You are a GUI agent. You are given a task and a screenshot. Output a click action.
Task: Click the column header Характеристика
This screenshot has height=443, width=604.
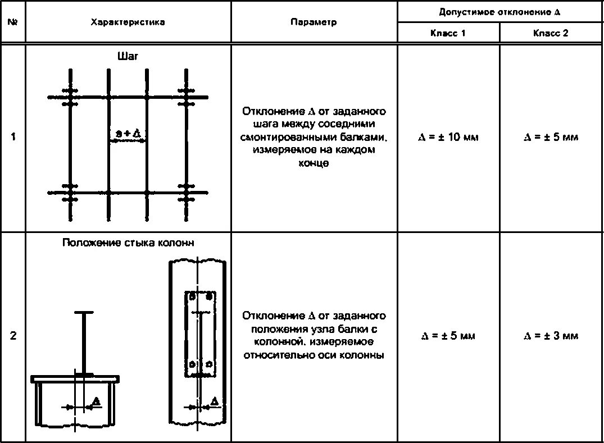[128, 22]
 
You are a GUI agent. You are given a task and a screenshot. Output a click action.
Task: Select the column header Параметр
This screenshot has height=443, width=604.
[314, 22]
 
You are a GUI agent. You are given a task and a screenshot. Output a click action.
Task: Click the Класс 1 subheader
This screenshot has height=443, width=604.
[448, 33]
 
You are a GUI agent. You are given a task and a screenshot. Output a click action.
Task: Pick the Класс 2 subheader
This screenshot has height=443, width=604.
[551, 33]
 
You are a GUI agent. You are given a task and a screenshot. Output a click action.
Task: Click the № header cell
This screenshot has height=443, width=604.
[12, 22]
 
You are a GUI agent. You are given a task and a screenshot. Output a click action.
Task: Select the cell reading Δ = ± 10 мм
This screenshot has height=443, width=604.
[448, 137]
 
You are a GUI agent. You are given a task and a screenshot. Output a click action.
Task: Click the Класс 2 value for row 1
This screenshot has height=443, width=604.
[551, 137]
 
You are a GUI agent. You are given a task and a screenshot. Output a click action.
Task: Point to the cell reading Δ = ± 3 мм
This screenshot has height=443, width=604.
[551, 336]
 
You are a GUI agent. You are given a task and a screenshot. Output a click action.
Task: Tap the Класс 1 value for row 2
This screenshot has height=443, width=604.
[448, 336]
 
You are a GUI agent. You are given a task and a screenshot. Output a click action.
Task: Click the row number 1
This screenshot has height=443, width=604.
[12, 137]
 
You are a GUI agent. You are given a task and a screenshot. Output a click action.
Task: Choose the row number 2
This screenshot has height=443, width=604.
[12, 336]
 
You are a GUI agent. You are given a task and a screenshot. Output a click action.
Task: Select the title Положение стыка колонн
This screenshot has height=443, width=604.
[129, 243]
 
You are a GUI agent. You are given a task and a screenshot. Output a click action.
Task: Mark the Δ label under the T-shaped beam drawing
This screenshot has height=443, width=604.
[96, 401]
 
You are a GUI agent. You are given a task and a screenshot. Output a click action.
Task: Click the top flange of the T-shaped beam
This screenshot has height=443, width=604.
[84, 312]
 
